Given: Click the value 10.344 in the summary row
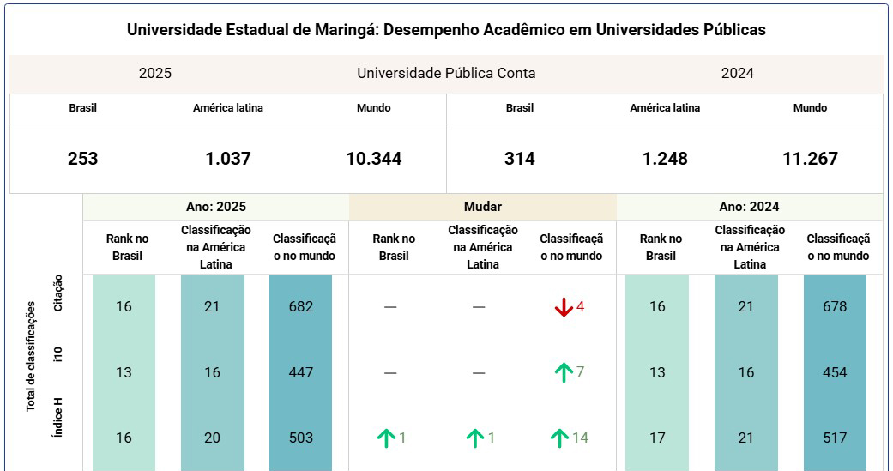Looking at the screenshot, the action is point(374,159).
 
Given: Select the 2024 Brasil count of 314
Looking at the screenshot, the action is point(519,159).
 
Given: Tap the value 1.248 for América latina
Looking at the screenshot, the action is point(665,159).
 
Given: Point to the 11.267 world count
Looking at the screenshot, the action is point(810,159).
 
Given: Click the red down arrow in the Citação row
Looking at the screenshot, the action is point(564,307).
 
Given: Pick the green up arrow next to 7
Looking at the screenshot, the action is point(564,372).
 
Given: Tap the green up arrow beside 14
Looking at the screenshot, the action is point(559,438).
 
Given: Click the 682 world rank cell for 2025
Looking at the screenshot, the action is point(301,306).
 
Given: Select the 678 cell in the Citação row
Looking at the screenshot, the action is point(835,306).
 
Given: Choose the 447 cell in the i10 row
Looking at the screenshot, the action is point(301,372).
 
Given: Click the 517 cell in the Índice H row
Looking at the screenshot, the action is point(835,438).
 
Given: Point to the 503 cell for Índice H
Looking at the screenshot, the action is point(301,438).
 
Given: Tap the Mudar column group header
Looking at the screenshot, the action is point(482,207).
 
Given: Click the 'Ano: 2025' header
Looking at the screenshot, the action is point(216,207).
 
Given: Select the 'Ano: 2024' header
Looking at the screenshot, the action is point(749,207).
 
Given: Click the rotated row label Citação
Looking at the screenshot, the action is point(58,293).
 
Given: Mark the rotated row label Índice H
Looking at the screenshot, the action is point(58,418).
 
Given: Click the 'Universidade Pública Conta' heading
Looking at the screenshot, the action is point(446,74).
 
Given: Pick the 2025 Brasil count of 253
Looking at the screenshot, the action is point(82,159).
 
